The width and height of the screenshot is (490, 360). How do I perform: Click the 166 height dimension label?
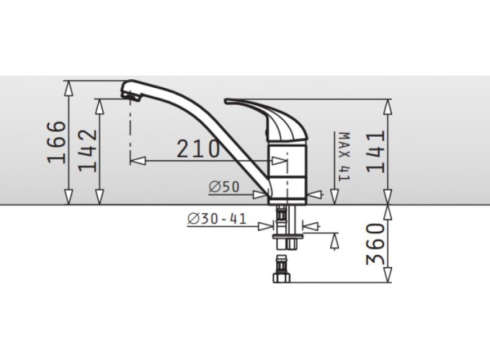(56, 142)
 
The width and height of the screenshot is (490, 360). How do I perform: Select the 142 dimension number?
(87, 150)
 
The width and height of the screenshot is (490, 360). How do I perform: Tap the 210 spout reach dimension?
(198, 148)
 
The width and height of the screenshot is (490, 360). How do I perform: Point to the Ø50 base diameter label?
(224, 186)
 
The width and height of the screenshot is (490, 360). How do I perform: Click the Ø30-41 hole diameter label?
(217, 219)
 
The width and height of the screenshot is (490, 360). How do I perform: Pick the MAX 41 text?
(344, 156)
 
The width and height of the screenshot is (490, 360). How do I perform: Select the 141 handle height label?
(375, 152)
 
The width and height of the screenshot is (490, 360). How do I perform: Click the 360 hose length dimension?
(375, 244)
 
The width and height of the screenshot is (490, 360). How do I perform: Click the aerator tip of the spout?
(130, 96)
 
